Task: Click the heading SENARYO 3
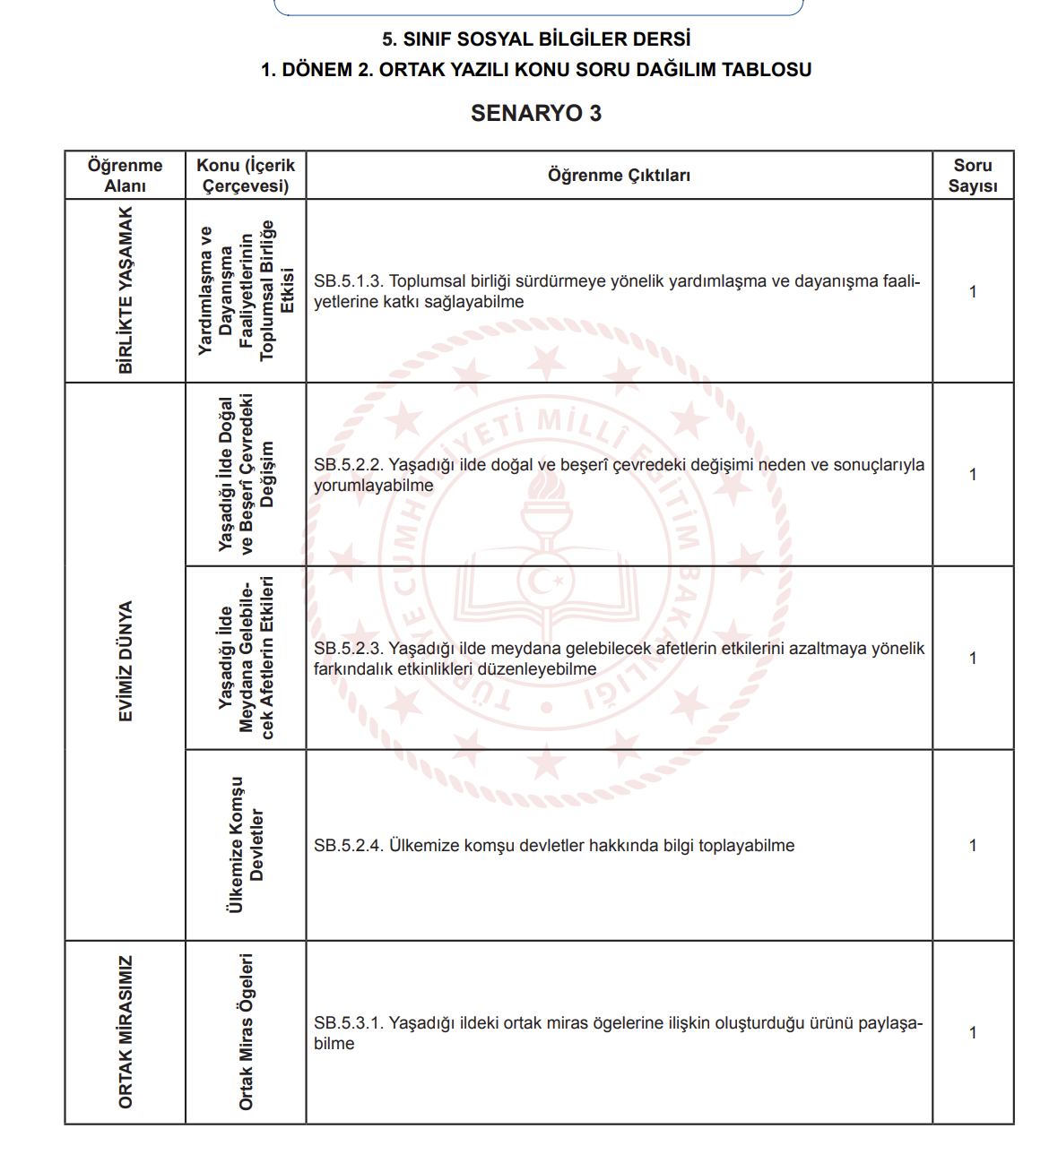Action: pos(535,114)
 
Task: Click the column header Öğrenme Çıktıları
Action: pos(619,176)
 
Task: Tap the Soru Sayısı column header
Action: pos(973,176)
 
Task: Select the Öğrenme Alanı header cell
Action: pos(125,176)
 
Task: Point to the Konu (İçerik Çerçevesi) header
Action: pos(246,176)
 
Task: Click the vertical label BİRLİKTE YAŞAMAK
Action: pos(126,290)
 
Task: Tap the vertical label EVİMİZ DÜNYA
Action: pos(126,661)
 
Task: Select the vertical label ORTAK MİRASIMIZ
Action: pos(126,1032)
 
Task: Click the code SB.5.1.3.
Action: pos(348,281)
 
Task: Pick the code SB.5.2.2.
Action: pos(348,465)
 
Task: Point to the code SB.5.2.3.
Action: pos(348,649)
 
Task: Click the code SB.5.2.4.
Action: pos(348,846)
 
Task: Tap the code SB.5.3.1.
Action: pos(348,1023)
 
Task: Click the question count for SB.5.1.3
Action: pos(973,292)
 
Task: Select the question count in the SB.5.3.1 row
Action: pos(973,1033)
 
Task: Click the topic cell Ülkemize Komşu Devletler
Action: pos(246,845)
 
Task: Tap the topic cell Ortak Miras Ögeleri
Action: pos(246,1032)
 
